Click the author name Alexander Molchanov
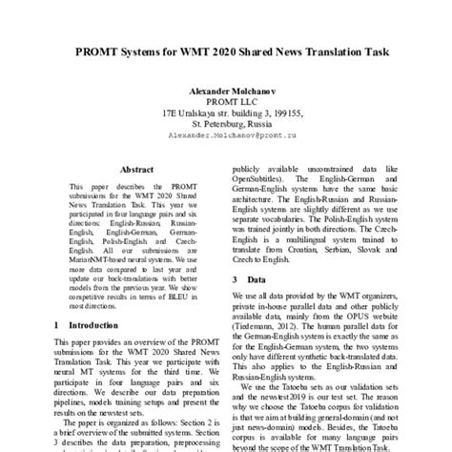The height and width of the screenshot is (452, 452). tap(226, 91)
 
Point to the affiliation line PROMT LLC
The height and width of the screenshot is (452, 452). tap(226, 101)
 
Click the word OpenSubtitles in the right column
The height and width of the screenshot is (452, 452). tap(262, 175)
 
